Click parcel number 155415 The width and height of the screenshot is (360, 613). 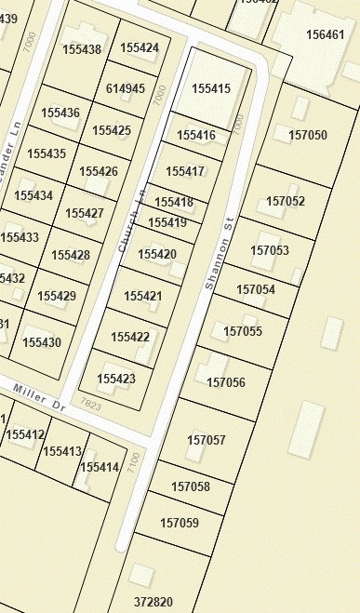(210, 88)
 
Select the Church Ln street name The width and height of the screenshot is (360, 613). (132, 220)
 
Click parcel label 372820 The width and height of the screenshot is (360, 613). (153, 602)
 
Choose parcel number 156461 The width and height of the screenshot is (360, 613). (325, 35)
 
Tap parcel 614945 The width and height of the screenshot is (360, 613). (126, 89)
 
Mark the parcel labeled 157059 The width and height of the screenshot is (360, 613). (180, 523)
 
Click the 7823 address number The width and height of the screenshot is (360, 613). (91, 405)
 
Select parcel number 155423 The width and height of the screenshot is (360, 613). (116, 379)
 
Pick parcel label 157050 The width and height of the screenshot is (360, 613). (308, 135)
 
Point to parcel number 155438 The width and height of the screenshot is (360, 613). (82, 49)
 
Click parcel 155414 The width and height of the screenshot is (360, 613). (100, 467)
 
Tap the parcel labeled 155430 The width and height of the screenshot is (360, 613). (42, 342)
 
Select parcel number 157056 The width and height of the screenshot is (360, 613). (226, 382)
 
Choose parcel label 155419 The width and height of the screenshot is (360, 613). (167, 222)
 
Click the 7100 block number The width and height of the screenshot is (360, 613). (135, 460)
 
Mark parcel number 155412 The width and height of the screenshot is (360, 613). (25, 434)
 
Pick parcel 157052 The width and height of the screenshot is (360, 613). (286, 201)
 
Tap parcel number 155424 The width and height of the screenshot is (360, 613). (140, 47)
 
